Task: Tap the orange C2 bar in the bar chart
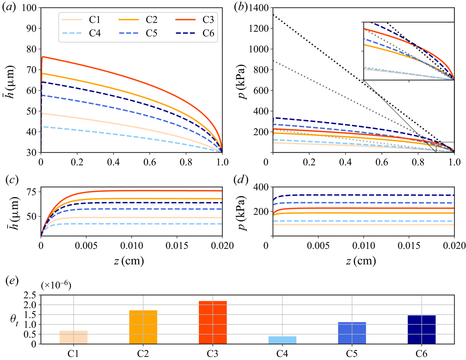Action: [x=143, y=327]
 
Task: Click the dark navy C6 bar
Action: [x=422, y=329]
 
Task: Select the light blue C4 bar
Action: [x=282, y=340]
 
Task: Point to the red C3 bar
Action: [x=213, y=322]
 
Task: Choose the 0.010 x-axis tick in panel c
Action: [x=132, y=245]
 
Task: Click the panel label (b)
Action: [x=240, y=7]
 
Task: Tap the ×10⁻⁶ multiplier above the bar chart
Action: [x=56, y=286]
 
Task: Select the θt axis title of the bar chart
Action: [x=14, y=320]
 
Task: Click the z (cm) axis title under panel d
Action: [x=361, y=261]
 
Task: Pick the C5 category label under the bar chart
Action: [x=352, y=354]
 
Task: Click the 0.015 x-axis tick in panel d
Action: [x=409, y=245]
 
